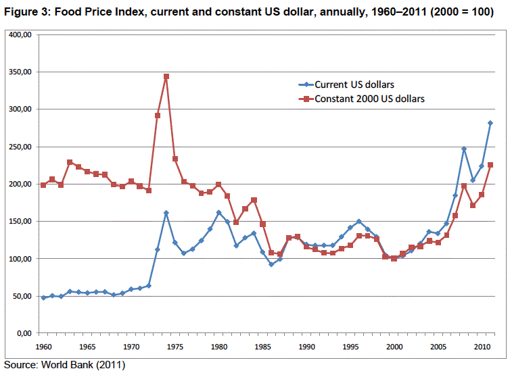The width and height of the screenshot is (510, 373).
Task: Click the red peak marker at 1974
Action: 166,76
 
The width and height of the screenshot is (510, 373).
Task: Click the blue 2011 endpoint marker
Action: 490,123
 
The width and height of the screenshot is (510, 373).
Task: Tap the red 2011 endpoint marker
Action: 490,165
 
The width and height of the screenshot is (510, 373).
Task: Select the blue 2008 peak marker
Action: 464,149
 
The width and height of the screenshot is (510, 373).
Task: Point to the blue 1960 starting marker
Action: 43,297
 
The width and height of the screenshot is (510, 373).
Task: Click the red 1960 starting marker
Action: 43,184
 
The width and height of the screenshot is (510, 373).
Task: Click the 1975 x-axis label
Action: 175,347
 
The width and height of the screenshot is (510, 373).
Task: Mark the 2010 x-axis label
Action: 482,347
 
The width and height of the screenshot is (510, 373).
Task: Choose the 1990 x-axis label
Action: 306,347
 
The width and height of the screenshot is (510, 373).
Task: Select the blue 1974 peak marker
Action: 166,213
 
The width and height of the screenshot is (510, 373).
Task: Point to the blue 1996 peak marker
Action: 359,222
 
